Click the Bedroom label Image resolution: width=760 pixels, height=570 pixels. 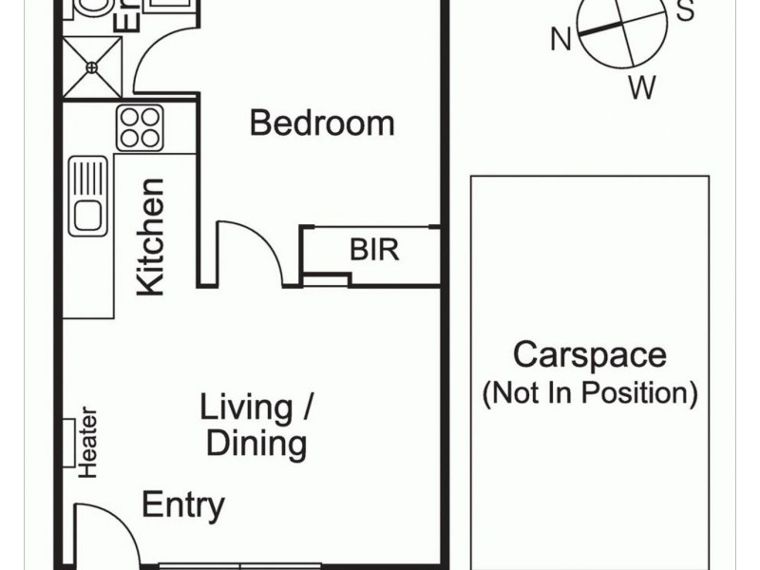click(321, 123)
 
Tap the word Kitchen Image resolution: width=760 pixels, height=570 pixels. click(151, 236)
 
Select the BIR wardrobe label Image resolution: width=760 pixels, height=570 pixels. click(374, 251)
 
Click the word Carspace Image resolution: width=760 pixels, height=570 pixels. click(589, 355)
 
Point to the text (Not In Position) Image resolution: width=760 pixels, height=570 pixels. click(590, 392)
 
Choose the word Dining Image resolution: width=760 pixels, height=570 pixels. click(256, 443)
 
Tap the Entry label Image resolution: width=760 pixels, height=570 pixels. click(183, 505)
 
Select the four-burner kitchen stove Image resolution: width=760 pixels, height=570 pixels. click(140, 127)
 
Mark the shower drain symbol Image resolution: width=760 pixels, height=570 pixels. click(92, 67)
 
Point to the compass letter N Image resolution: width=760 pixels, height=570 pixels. click(561, 40)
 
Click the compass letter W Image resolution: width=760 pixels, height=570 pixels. click(642, 88)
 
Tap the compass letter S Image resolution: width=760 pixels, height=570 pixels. click(684, 11)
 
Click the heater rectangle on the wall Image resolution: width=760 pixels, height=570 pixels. click(69, 442)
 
